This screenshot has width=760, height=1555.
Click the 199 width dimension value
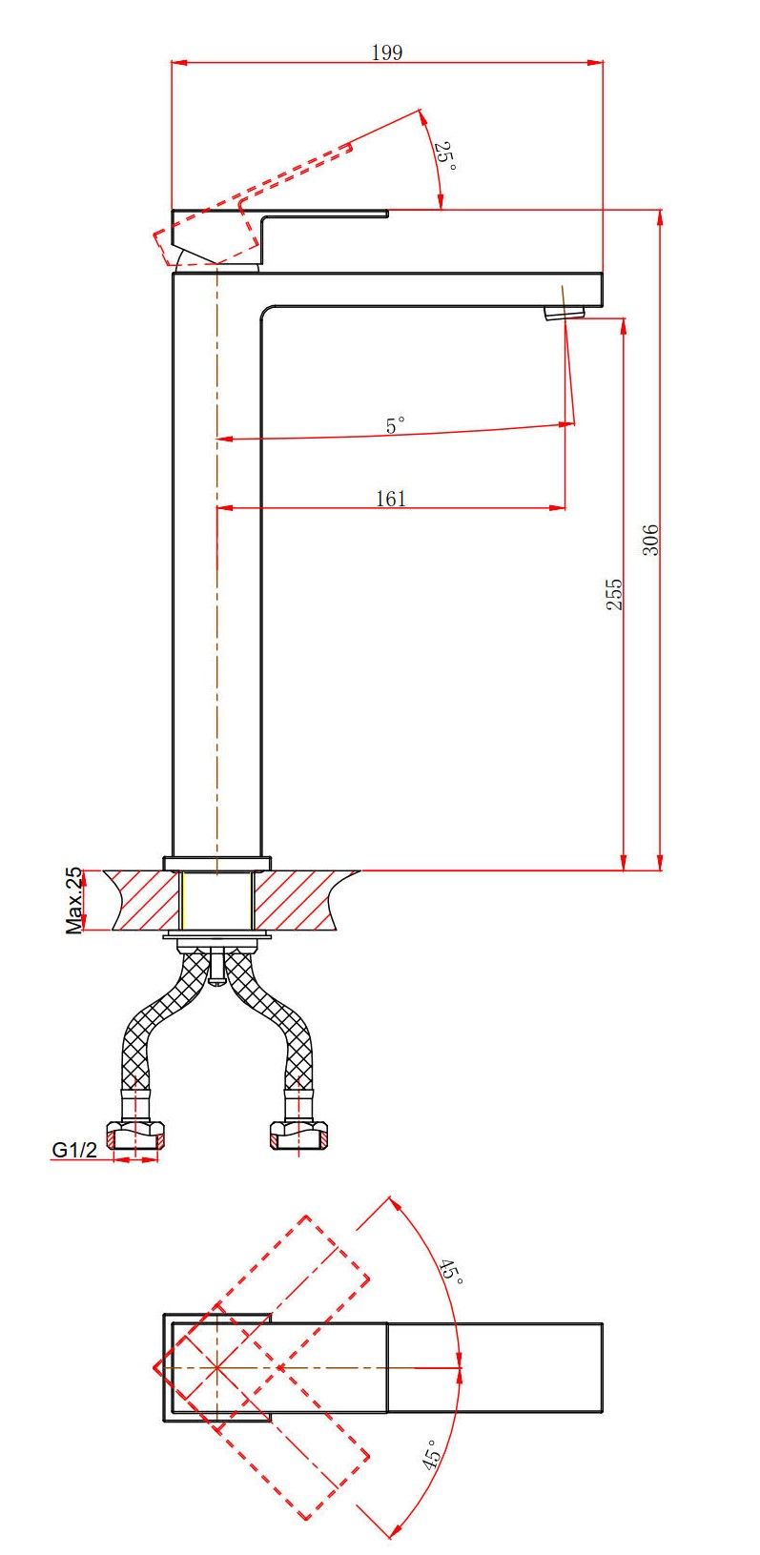pos(386,52)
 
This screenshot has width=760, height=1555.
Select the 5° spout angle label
pos(395,425)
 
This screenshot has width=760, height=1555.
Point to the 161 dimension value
pos(391,499)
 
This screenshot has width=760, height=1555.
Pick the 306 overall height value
pos(650,540)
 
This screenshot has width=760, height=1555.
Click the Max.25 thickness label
pos(73,900)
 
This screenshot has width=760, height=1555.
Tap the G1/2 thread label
pos(74,1150)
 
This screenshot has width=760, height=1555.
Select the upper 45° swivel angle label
pos(450,1270)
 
